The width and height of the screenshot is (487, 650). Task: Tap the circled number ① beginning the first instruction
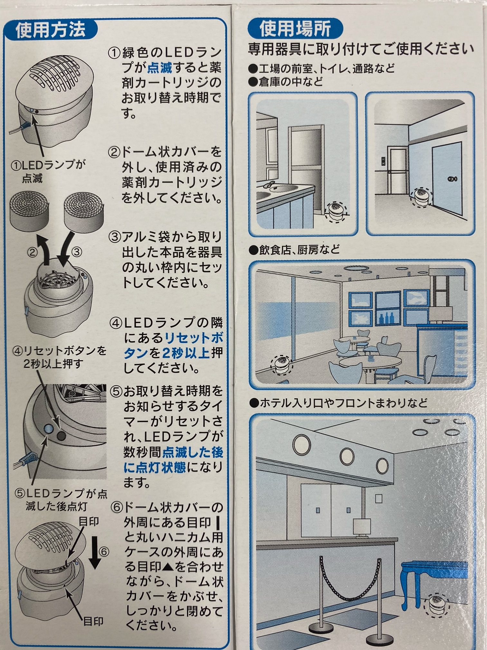pyautogui.click(x=114, y=53)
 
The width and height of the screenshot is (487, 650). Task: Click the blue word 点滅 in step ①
pyautogui.click(x=160, y=68)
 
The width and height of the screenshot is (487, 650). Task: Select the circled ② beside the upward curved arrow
pyautogui.click(x=32, y=252)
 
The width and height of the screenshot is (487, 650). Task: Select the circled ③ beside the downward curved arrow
pyautogui.click(x=77, y=252)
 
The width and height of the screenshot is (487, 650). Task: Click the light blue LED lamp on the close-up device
pyautogui.click(x=48, y=428)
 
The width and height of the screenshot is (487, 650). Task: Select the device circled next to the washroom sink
pyautogui.click(x=335, y=211)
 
